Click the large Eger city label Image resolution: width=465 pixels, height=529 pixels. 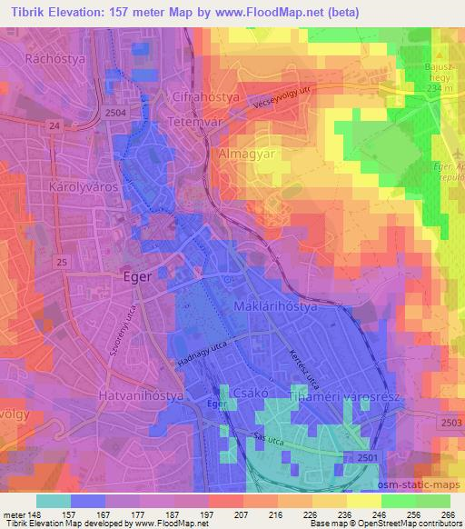143,279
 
